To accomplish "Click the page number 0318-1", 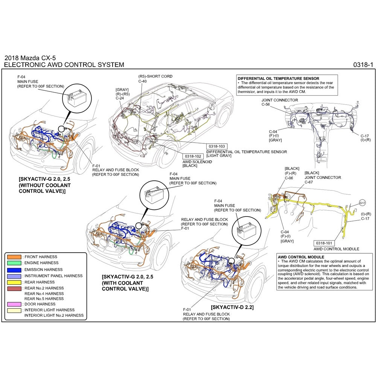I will pyautogui.click(x=363, y=65).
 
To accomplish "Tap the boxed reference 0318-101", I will pyautogui.click(x=324, y=243).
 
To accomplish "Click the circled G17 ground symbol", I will pyautogui.click(x=362, y=203).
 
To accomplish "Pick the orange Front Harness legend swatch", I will pyautogui.click(x=14, y=257).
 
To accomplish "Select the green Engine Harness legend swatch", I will pyautogui.click(x=14, y=263).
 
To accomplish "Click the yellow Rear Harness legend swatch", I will pyautogui.click(x=14, y=282).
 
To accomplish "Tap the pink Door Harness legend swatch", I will pyautogui.click(x=14, y=304).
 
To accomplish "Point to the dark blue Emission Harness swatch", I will pyautogui.click(x=14, y=270).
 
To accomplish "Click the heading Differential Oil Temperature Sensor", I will pyautogui.click(x=278, y=78).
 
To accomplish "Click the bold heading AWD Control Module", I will pyautogui.click(x=300, y=257).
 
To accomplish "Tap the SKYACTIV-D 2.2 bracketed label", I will pyautogui.click(x=232, y=307).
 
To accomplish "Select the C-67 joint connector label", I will pyautogui.click(x=308, y=182).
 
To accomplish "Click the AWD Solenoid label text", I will pyautogui.click(x=197, y=162).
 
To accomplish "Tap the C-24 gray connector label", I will pyautogui.click(x=120, y=98).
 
